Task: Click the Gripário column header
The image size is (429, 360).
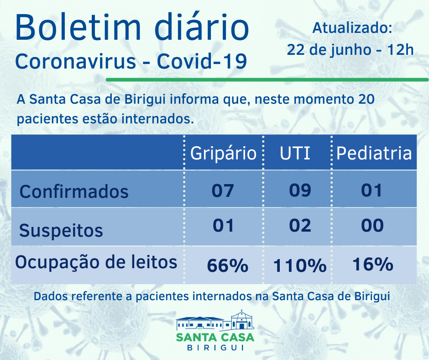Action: point(223,153)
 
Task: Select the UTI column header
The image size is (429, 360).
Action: point(295,153)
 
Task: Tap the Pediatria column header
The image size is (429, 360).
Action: point(374,153)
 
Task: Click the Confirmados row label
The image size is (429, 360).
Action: point(74,191)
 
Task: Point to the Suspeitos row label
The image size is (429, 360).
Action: point(61,230)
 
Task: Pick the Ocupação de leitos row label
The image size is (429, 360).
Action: point(96,262)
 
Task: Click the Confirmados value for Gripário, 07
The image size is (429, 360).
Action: point(223,190)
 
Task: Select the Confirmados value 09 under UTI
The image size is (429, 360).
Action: point(300,190)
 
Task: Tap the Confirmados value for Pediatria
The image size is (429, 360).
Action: point(371,190)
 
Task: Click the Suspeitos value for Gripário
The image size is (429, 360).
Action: point(223,225)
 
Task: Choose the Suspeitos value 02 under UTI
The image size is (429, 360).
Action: point(300,225)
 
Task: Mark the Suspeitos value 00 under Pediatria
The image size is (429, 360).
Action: point(372,225)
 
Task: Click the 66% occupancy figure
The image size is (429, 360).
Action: point(227,265)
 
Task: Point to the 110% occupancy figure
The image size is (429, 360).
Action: point(299,265)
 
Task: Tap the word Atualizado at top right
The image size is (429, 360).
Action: point(352,28)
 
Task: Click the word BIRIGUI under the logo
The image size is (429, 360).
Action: point(215,348)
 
